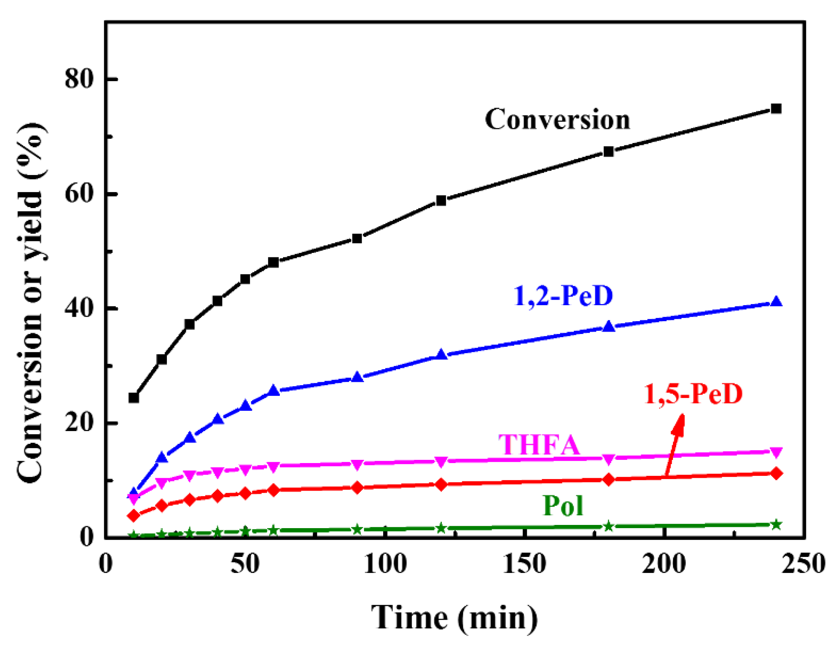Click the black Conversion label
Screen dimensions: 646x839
[557, 119]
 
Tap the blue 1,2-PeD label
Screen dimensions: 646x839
[563, 296]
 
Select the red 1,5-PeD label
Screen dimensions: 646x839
[693, 394]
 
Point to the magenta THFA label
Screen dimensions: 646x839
[539, 445]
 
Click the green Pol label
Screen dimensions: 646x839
[563, 506]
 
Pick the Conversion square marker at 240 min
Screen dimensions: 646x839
[776, 109]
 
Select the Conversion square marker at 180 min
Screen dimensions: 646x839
[608, 151]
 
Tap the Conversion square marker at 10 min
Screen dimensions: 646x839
[134, 398]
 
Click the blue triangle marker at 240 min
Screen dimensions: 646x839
[776, 302]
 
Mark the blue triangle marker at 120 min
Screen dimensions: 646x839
[441, 354]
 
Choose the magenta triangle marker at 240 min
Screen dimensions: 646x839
[776, 452]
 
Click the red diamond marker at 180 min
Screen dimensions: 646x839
[608, 479]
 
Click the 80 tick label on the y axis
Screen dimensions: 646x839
[79, 79]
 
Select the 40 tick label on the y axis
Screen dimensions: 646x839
[79, 308]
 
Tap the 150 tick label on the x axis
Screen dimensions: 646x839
[524, 564]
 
